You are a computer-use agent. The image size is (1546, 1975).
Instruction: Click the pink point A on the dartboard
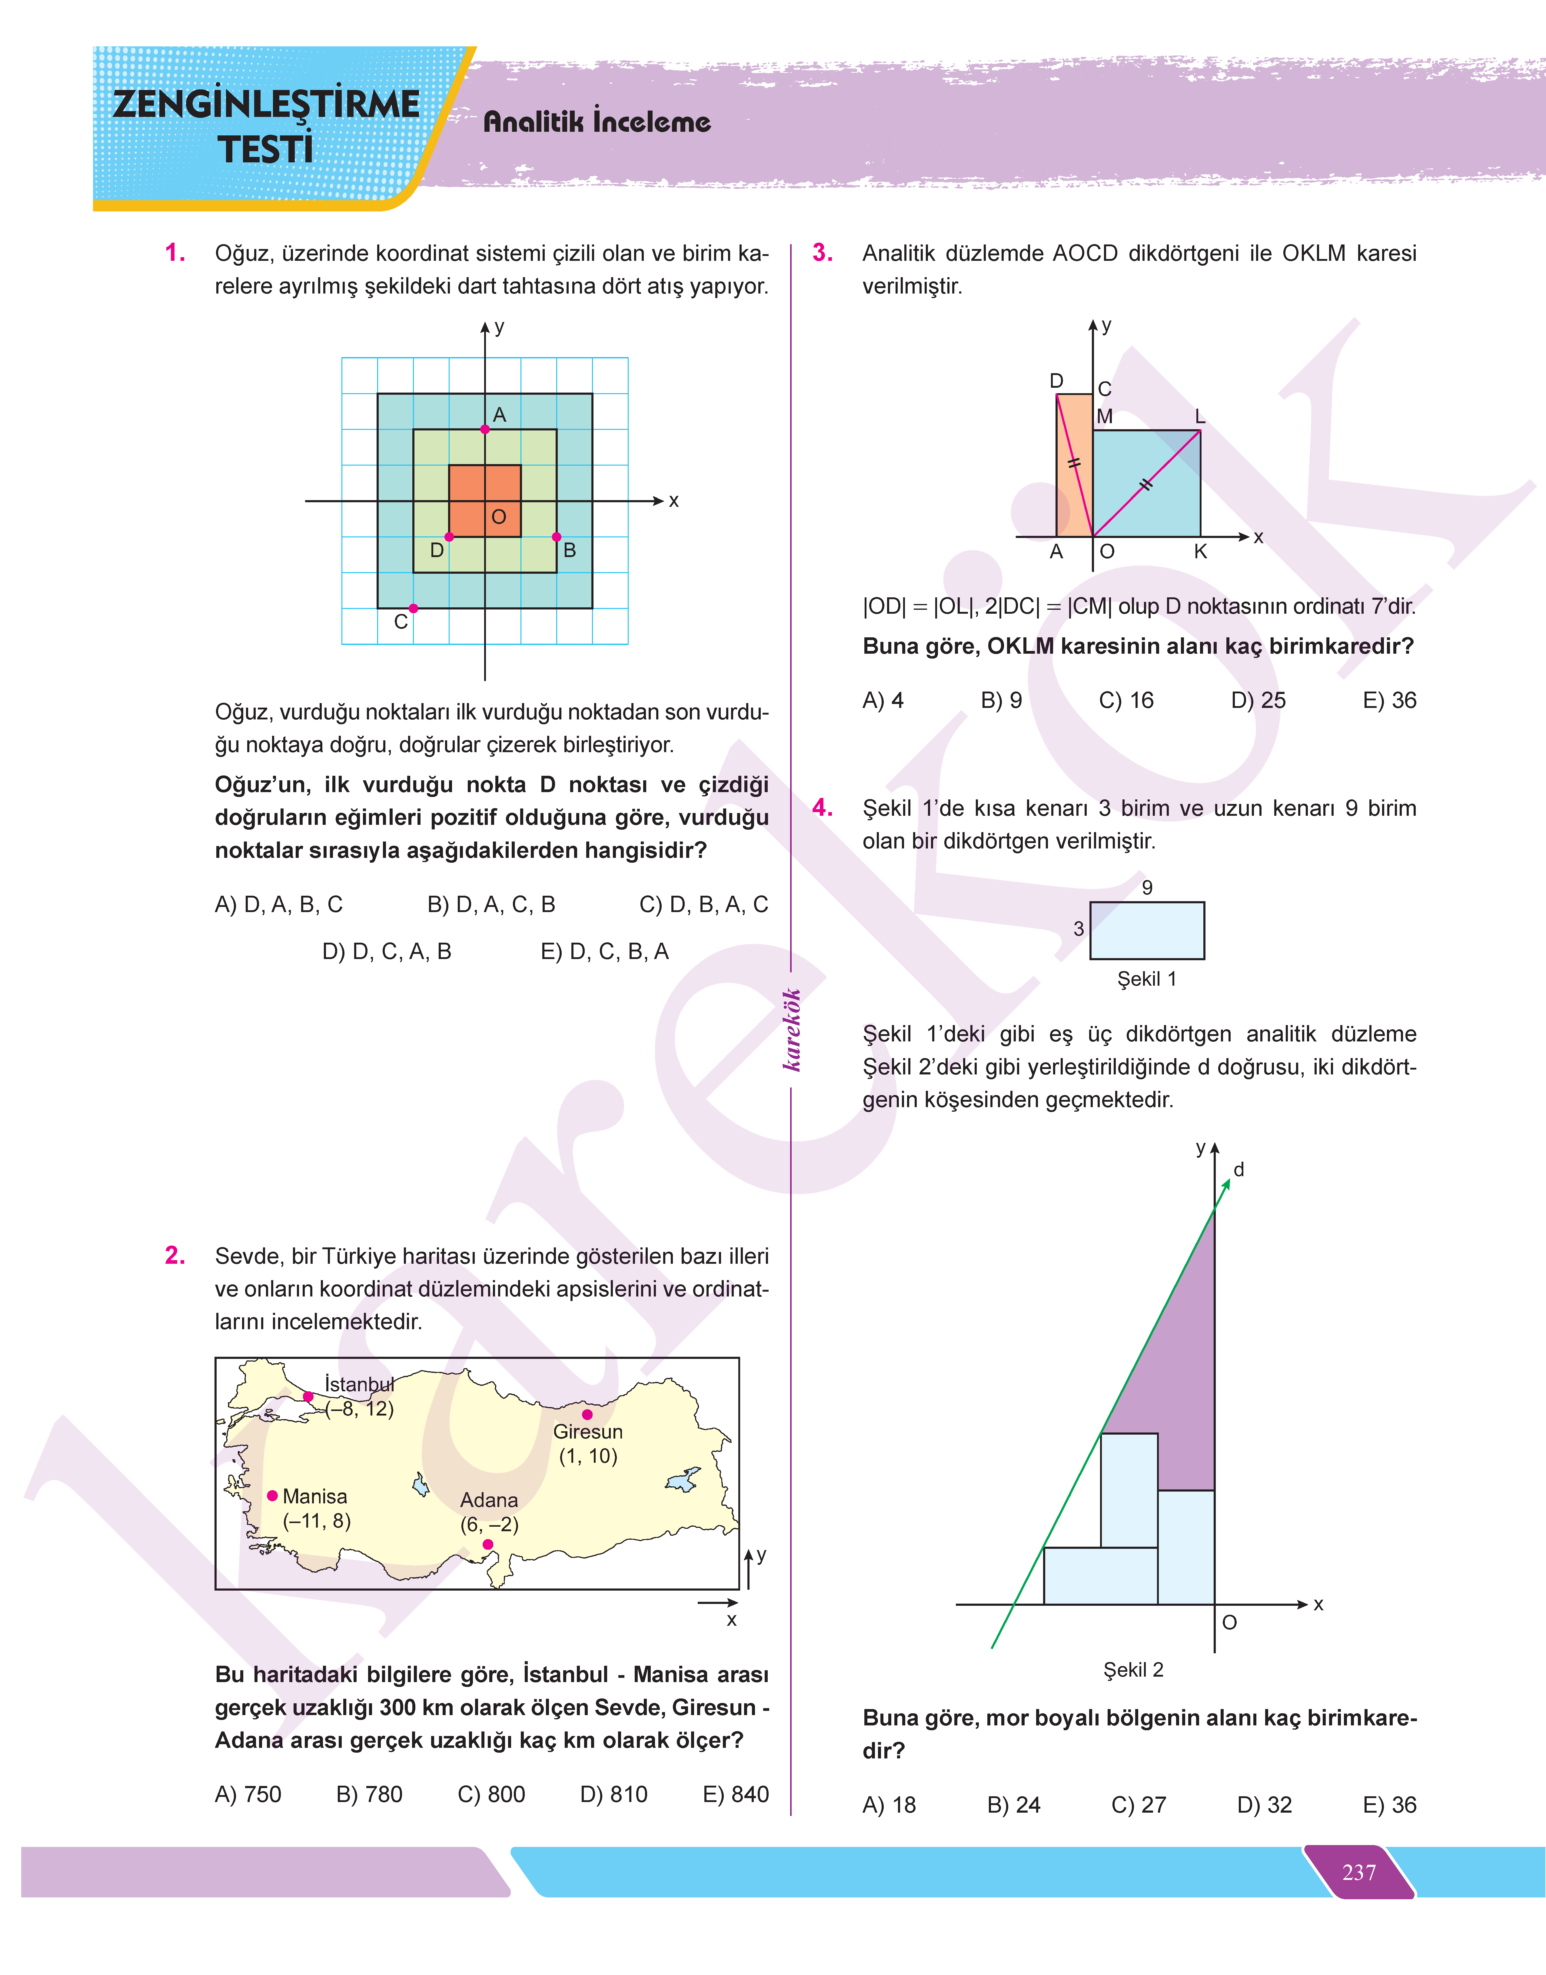pyautogui.click(x=485, y=429)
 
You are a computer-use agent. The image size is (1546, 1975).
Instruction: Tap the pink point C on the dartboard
pyautogui.click(x=414, y=608)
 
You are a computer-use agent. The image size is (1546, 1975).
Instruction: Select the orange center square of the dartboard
pyautogui.click(x=485, y=500)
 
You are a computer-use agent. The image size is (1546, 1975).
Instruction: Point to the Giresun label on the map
pyautogui.click(x=587, y=1432)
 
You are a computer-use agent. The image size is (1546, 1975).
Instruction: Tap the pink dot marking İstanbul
pyautogui.click(x=309, y=1397)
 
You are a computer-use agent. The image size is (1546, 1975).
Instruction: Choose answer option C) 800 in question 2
pyautogui.click(x=491, y=1794)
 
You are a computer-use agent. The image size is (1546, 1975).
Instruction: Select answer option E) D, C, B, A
pyautogui.click(x=605, y=951)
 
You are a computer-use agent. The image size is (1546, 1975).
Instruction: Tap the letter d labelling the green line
pyautogui.click(x=1239, y=1170)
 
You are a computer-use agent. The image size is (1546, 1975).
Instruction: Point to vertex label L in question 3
pyautogui.click(x=1200, y=417)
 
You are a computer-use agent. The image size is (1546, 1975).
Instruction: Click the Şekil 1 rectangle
pyautogui.click(x=1147, y=931)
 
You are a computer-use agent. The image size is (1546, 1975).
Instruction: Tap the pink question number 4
pyautogui.click(x=822, y=807)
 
